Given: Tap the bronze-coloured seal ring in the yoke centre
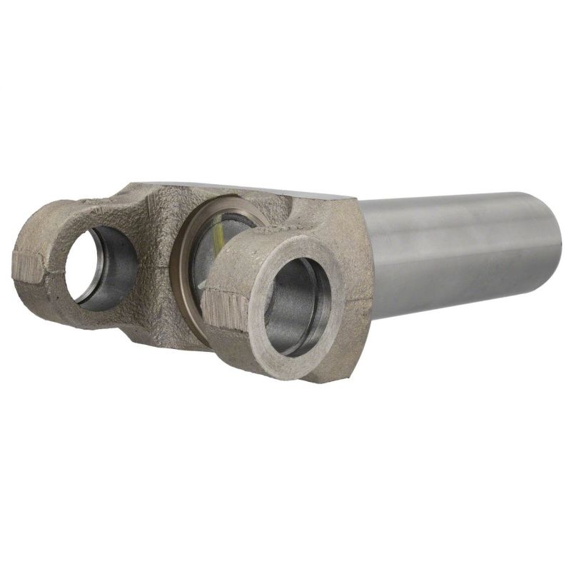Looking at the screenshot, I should coord(187,243).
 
